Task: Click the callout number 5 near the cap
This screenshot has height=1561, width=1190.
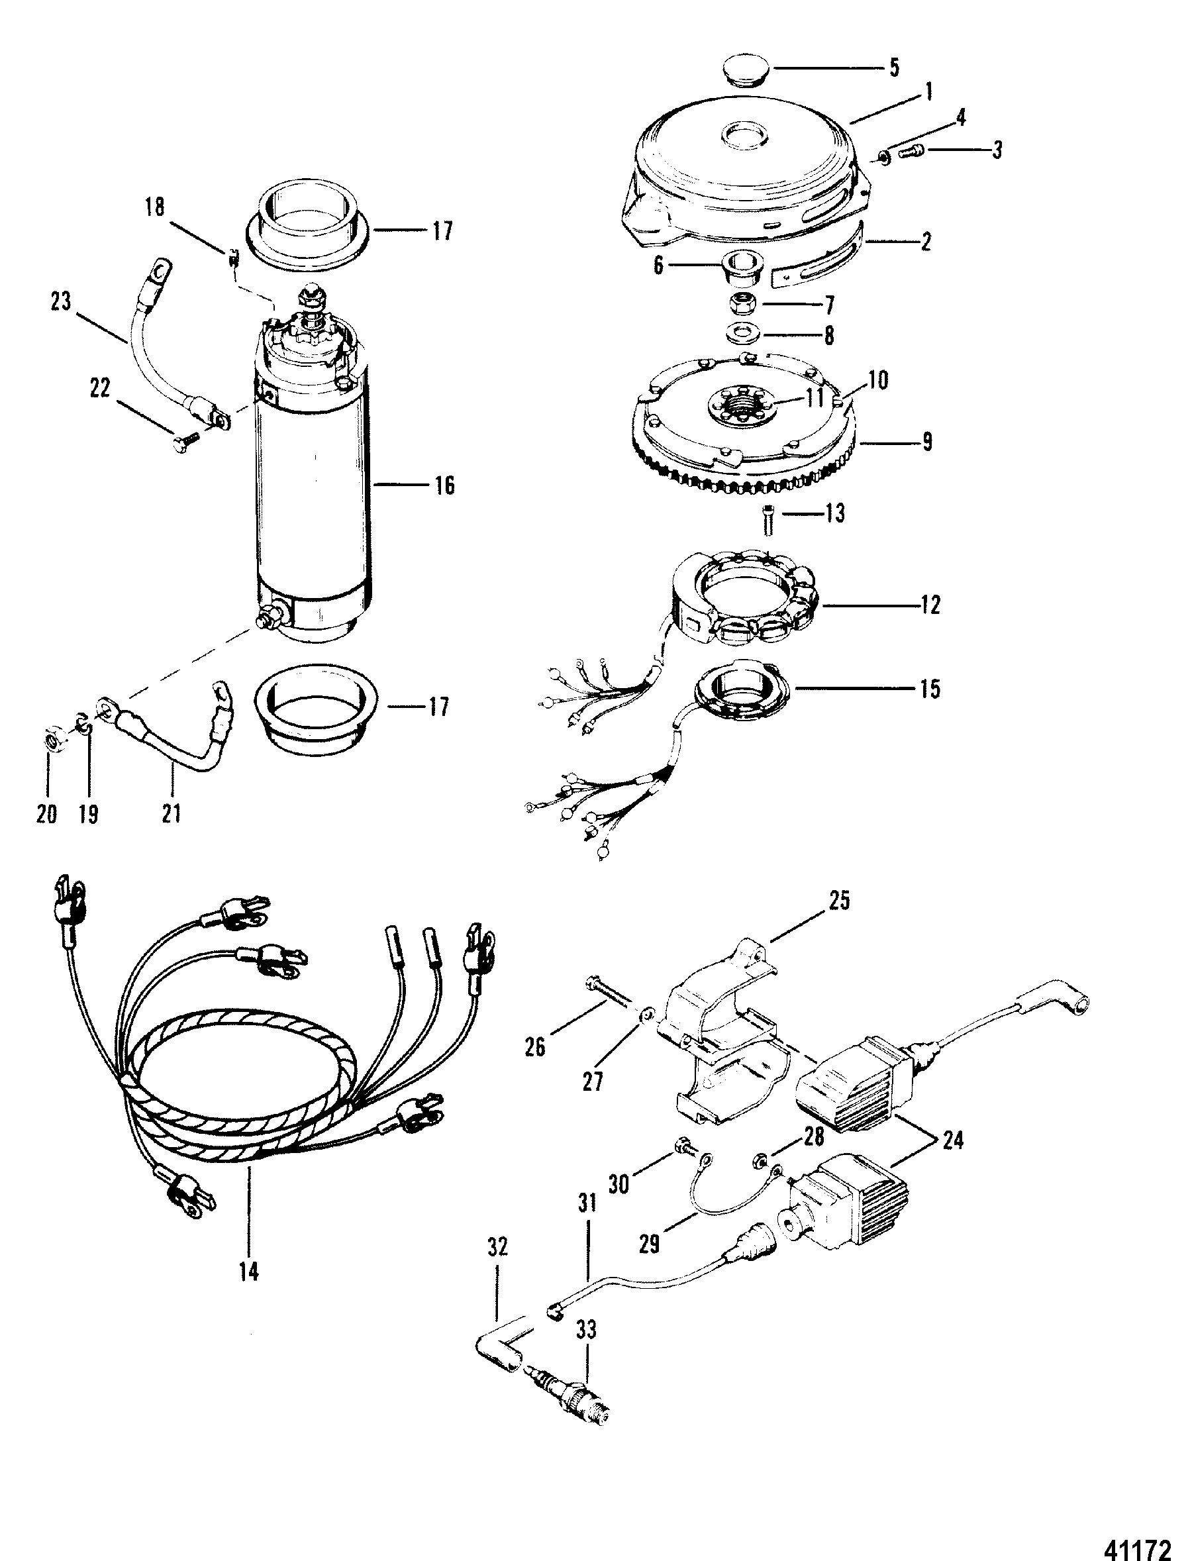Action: [893, 68]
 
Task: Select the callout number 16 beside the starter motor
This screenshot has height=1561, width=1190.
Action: [444, 486]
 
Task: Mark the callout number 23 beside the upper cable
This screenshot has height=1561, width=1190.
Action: [61, 301]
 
